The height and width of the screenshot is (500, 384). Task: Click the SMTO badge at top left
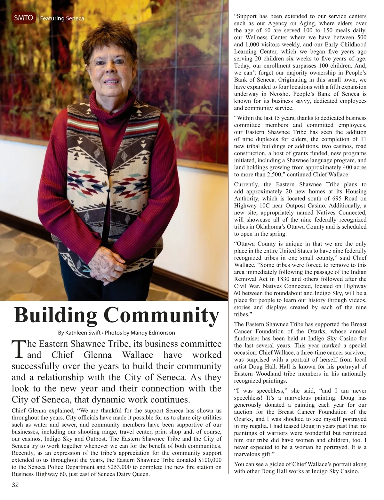[24, 18]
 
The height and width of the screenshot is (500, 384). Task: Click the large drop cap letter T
[18, 349]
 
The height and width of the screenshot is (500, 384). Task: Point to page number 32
[15, 485]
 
